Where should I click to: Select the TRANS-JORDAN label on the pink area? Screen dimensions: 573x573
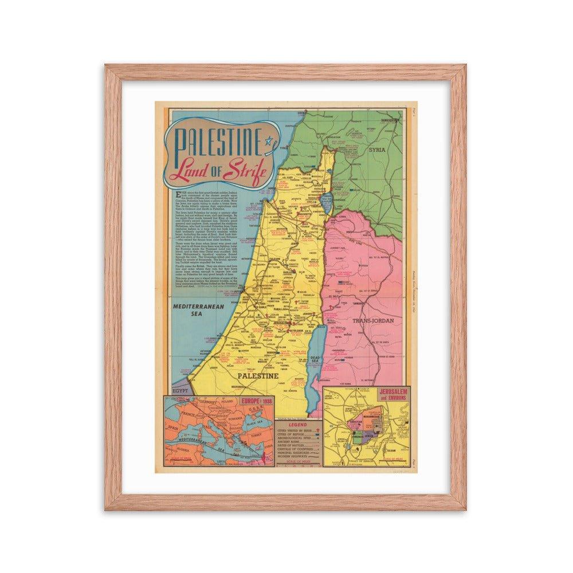373,321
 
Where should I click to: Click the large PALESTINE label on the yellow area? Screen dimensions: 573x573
257,375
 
